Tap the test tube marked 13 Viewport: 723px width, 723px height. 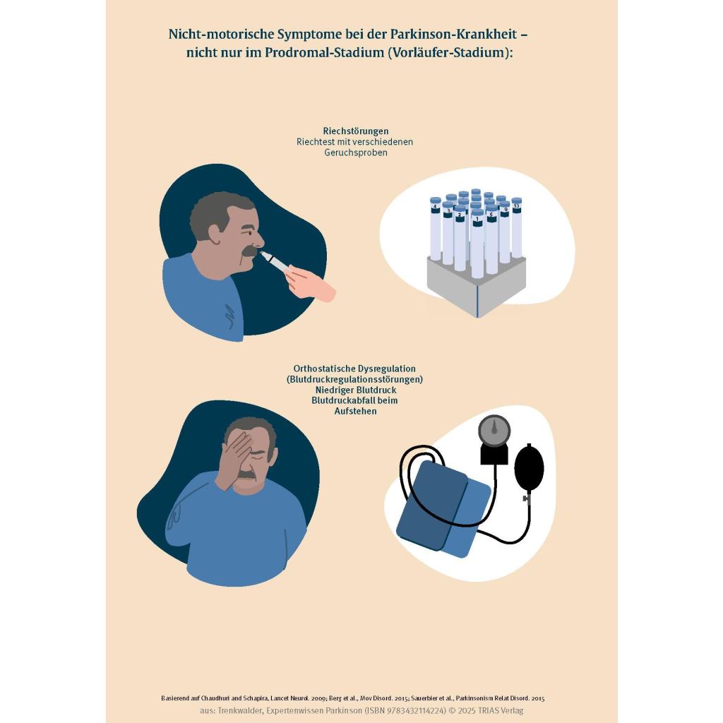coord(516,228)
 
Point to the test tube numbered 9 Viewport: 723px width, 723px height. coord(504,232)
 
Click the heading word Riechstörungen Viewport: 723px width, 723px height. coord(356,131)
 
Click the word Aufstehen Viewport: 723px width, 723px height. coord(356,411)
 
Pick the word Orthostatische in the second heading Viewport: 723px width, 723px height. coord(325,369)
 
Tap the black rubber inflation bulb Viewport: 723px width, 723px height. coord(528,467)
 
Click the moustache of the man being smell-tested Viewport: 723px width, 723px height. coord(249,251)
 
